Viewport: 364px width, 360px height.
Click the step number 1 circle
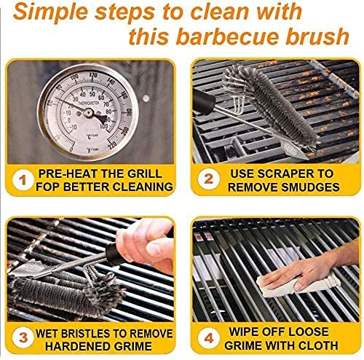pyautogui.click(x=25, y=179)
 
